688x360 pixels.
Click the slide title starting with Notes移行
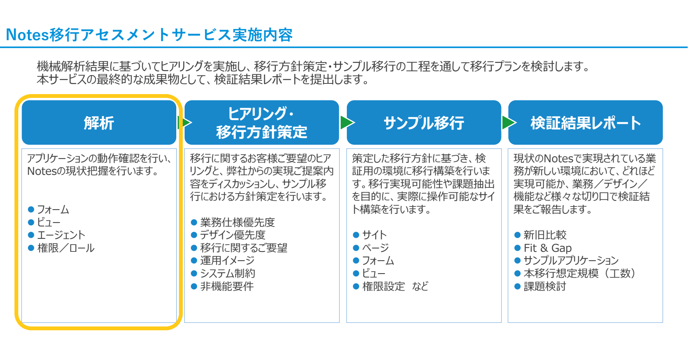coord(149,35)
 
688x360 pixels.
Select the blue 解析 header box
coord(99,123)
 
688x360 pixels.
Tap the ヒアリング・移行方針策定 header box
coord(262,123)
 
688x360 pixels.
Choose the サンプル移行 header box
coord(424,123)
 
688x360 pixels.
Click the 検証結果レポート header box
coord(585,123)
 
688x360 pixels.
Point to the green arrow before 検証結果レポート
coord(509,123)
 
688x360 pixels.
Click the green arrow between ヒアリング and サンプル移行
coord(347,123)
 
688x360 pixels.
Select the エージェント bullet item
coord(61,235)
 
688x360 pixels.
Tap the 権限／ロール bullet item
coord(65,248)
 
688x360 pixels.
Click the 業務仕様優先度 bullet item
coord(237,222)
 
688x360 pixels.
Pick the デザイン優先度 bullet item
coord(232,235)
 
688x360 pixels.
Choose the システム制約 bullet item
coord(227,274)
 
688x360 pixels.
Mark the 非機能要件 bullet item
coord(227,286)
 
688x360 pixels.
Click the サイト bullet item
coord(374,235)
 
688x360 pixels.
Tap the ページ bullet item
coord(375,248)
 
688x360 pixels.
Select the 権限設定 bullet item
coord(383,286)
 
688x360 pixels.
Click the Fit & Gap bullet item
coord(548,248)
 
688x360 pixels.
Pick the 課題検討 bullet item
coord(545,286)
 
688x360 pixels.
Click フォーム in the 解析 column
coord(53,210)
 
